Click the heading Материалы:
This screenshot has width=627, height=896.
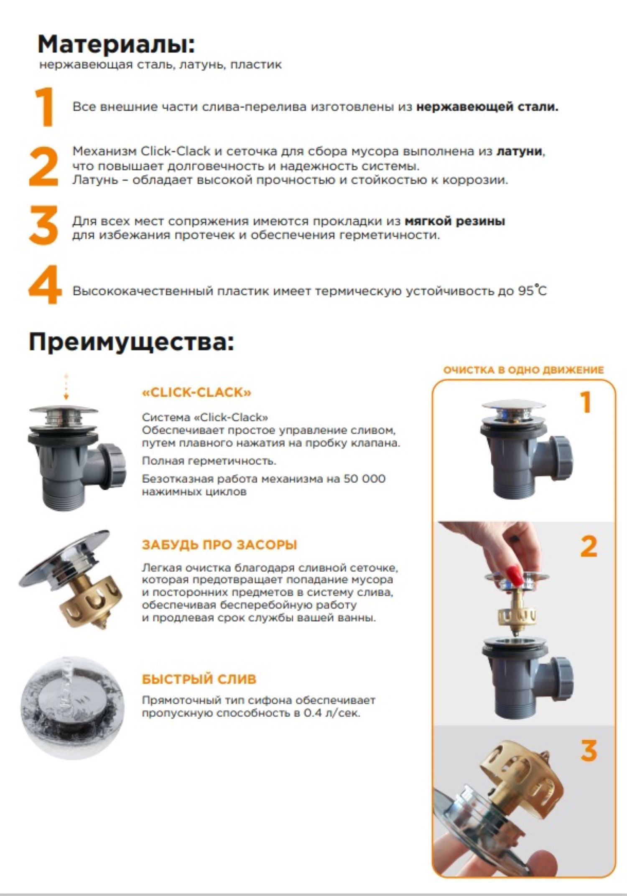pyautogui.click(x=116, y=44)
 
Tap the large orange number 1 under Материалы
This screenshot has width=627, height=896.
pyautogui.click(x=45, y=107)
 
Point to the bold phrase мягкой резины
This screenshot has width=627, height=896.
pyautogui.click(x=455, y=221)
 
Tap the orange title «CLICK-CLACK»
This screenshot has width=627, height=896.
pyautogui.click(x=197, y=392)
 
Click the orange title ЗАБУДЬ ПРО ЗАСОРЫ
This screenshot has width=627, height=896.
pyautogui.click(x=219, y=545)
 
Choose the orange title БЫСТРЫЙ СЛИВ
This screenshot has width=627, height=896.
pyautogui.click(x=199, y=679)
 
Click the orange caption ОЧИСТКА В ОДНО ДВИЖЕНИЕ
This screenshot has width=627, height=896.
pyautogui.click(x=523, y=370)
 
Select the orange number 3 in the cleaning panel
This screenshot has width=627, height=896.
pyautogui.click(x=589, y=751)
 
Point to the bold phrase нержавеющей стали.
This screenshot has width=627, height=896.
pyautogui.click(x=487, y=107)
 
